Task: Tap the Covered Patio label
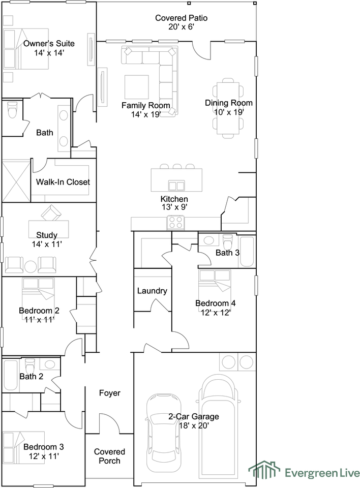(x=181, y=18)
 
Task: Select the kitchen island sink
(x=176, y=186)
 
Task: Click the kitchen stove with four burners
(x=175, y=223)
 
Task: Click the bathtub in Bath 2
(x=11, y=375)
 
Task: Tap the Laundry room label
(x=152, y=291)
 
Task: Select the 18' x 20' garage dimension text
(x=194, y=425)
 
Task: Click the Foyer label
(x=110, y=393)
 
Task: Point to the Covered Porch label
(x=109, y=456)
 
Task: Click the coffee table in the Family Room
(x=136, y=87)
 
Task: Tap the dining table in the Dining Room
(x=228, y=108)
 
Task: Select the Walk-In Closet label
(x=63, y=182)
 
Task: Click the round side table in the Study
(x=31, y=267)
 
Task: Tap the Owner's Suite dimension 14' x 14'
(x=49, y=52)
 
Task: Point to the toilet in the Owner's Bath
(x=12, y=110)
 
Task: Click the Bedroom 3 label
(x=44, y=447)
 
